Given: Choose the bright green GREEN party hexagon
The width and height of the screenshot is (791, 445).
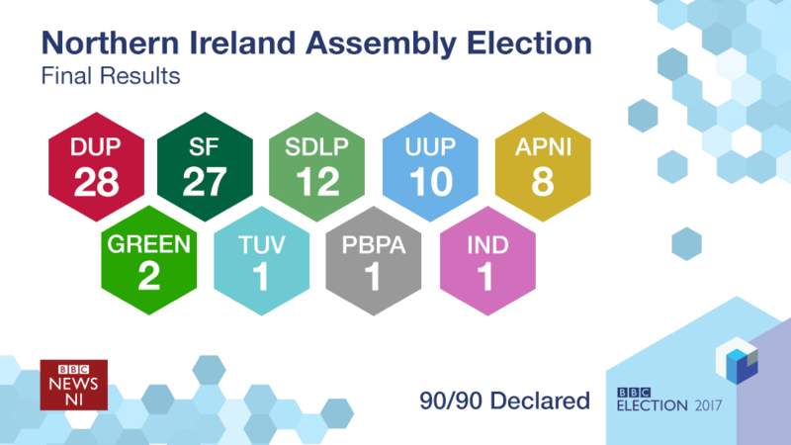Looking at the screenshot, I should tap(149, 262).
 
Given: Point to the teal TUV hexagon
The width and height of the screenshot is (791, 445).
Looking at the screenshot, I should tap(261, 262).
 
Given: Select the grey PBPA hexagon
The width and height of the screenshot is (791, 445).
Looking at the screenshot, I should tap(373, 262).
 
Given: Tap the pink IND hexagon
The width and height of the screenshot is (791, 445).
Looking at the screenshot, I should tap(486, 262).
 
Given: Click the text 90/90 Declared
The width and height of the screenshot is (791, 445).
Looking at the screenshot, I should tap(503, 400).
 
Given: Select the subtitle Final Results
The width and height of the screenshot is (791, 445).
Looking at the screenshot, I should tap(109, 76).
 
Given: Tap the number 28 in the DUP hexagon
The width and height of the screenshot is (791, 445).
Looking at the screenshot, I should tap(96, 183).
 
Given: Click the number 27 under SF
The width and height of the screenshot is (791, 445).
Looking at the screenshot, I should tap(206, 183).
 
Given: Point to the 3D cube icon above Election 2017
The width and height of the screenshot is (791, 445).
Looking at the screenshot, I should tap(741, 363).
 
